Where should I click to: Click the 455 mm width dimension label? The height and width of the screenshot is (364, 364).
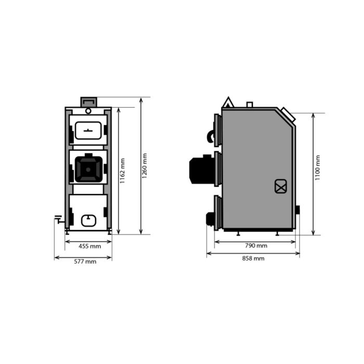click(89, 246)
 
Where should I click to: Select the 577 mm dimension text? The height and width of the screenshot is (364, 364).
click(84, 262)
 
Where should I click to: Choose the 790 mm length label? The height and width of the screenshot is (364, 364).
click(255, 245)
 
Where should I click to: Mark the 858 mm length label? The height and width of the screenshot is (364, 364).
click(253, 258)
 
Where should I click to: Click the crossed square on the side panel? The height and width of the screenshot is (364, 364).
click(281, 186)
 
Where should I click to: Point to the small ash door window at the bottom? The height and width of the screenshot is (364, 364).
click(89, 220)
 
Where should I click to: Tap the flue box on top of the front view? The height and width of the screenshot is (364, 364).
click(88, 101)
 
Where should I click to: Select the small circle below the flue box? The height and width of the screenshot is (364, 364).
click(88, 110)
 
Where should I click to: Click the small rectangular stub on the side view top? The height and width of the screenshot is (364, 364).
click(250, 105)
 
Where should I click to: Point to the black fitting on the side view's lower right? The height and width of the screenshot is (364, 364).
click(297, 210)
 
